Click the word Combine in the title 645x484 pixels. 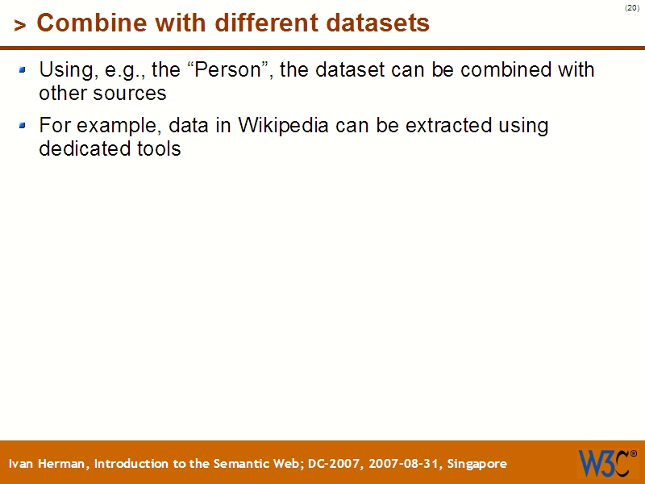pyautogui.click(x=81, y=23)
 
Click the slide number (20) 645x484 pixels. pyautogui.click(x=631, y=8)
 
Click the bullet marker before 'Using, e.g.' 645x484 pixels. pyautogui.click(x=23, y=70)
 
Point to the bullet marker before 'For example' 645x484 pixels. pyautogui.click(x=23, y=125)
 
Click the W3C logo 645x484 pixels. pyautogui.click(x=603, y=463)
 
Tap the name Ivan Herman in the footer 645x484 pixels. pyautogui.click(x=48, y=464)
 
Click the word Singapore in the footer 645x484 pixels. pyautogui.click(x=476, y=464)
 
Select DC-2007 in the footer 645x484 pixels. pyautogui.click(x=336, y=464)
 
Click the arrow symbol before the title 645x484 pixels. pyautogui.click(x=20, y=26)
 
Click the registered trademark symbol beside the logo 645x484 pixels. pyautogui.click(x=633, y=453)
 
